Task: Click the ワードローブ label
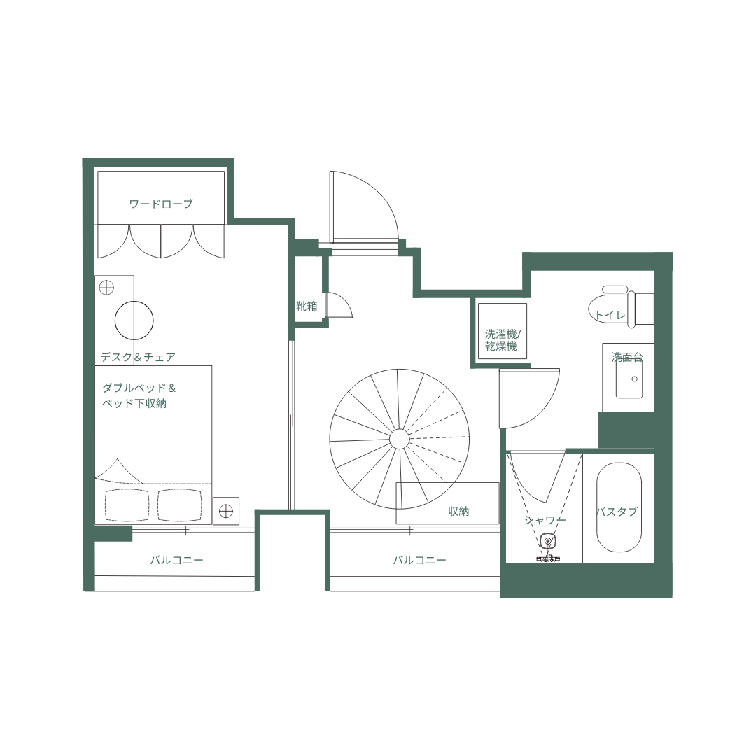click(161, 204)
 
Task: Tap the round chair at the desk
click(134, 320)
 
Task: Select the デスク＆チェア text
click(138, 357)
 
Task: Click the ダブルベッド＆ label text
click(139, 388)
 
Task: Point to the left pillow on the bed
click(127, 505)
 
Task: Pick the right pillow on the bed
click(179, 505)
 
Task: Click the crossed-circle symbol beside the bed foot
click(225, 512)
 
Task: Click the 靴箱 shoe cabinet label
click(307, 306)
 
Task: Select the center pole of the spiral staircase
click(399, 439)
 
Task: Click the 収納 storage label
click(458, 512)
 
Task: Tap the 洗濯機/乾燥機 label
click(501, 340)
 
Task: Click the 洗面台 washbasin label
click(626, 357)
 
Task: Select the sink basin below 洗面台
click(629, 380)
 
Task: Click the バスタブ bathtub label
click(617, 512)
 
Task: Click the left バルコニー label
click(176, 561)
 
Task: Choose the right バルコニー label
click(419, 561)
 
